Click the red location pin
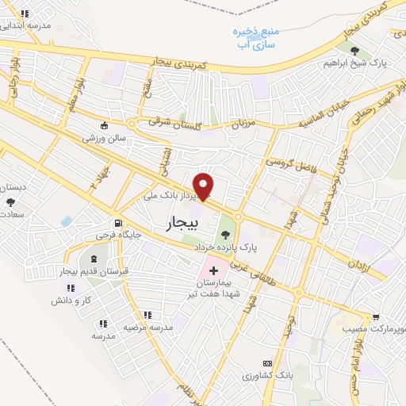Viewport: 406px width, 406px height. [205, 186]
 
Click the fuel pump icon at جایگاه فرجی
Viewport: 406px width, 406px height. [117, 224]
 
